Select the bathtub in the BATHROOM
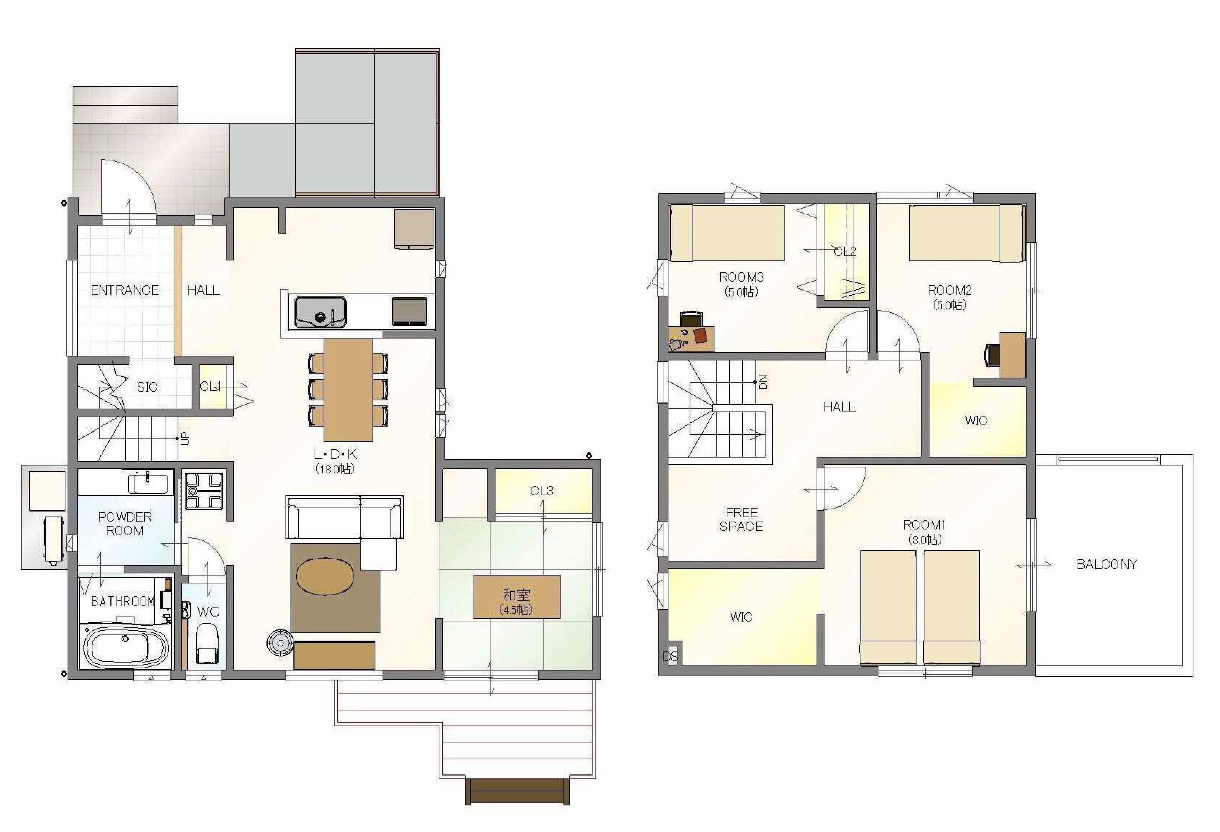click(126, 647)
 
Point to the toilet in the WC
click(207, 644)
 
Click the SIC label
click(147, 387)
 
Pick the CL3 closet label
click(542, 491)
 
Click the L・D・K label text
click(335, 454)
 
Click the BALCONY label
click(1107, 565)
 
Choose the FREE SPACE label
click(741, 519)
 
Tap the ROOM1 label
click(924, 525)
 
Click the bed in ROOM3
click(727, 233)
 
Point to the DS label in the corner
click(670, 656)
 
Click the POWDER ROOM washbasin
click(148, 483)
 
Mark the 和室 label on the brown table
click(517, 595)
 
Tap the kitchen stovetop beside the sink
click(410, 312)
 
